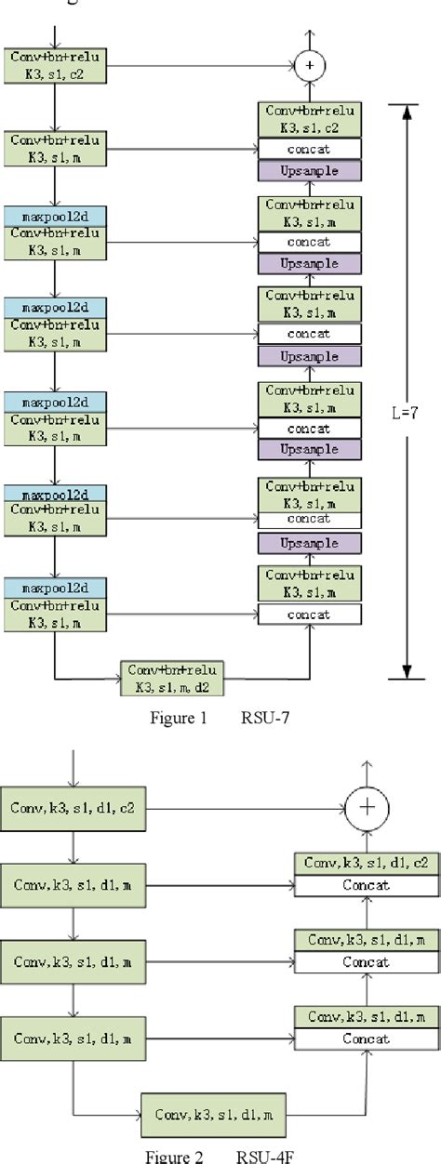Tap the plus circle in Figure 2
pyautogui.click(x=367, y=807)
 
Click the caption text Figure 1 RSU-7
pyautogui.click(x=220, y=717)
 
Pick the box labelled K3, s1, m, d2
pyautogui.click(x=173, y=679)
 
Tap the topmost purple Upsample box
pyautogui.click(x=309, y=171)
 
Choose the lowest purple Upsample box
pyautogui.click(x=309, y=544)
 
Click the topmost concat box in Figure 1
pyautogui.click(x=309, y=149)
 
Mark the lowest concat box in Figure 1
pyautogui.click(x=309, y=615)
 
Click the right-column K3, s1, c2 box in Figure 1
pyautogui.click(x=309, y=120)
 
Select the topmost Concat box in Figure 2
pyautogui.click(x=367, y=885)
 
